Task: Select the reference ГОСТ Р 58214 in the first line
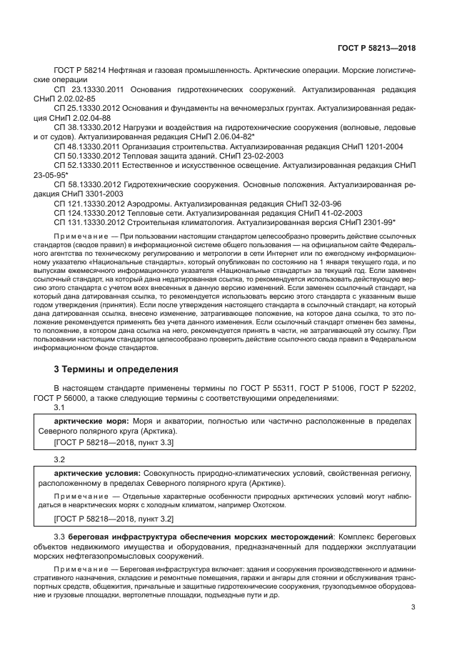79,71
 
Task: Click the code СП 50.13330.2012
84,155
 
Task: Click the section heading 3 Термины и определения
111,369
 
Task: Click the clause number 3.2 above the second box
60,459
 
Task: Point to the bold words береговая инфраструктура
123,536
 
